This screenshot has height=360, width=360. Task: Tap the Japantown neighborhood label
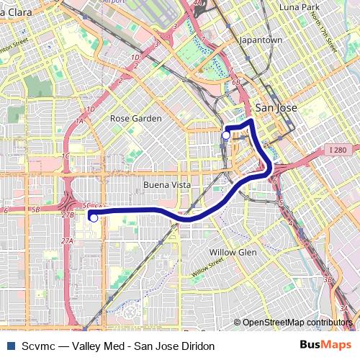pos(261,40)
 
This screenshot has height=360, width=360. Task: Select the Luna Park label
pos(299,7)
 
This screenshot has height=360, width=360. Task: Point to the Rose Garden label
pos(135,118)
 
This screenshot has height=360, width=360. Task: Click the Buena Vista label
pos(166,185)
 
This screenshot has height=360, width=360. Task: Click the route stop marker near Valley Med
pos(93,217)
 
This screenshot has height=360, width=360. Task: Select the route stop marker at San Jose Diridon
pos(226,135)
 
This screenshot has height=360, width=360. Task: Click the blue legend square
pos(9,346)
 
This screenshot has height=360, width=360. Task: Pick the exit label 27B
pos(68,215)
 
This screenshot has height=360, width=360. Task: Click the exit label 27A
pos(67,240)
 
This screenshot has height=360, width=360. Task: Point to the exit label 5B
pos(35,210)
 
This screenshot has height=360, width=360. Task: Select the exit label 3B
pos(328,278)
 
